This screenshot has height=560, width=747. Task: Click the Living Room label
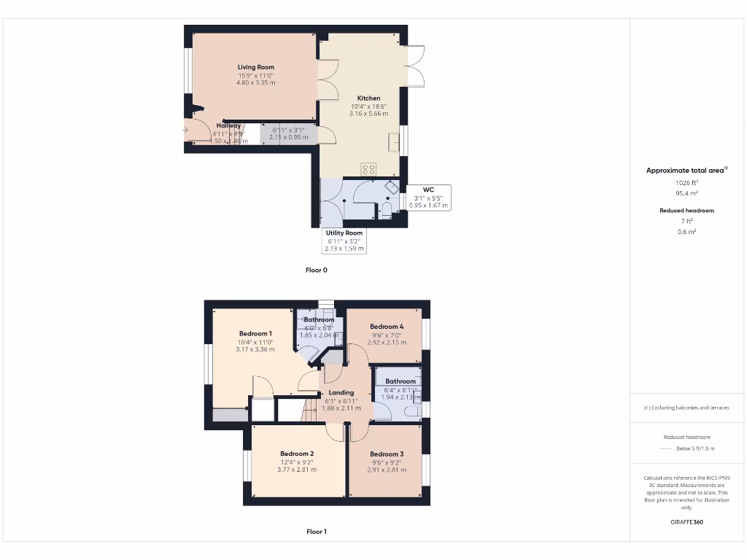(x=255, y=67)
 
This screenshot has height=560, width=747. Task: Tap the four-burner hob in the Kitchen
(x=368, y=169)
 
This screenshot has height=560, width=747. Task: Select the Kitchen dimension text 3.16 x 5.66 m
(x=368, y=114)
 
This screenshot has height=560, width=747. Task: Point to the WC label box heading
(x=428, y=190)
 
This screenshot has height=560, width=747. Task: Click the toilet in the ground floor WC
(x=387, y=211)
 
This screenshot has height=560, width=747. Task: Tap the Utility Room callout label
(x=344, y=233)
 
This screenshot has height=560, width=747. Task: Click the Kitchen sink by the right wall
(x=394, y=141)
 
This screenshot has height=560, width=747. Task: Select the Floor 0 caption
(x=317, y=270)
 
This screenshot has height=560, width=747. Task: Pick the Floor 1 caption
(x=317, y=532)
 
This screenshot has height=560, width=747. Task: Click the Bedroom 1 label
(x=255, y=333)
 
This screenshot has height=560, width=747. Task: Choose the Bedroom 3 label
(x=387, y=454)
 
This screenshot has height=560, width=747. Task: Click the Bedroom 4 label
(x=387, y=327)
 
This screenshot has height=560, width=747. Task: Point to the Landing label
(x=341, y=392)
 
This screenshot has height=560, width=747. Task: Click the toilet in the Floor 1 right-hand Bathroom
(x=412, y=413)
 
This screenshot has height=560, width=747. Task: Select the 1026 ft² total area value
(x=686, y=182)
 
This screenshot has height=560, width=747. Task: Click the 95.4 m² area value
(x=686, y=194)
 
